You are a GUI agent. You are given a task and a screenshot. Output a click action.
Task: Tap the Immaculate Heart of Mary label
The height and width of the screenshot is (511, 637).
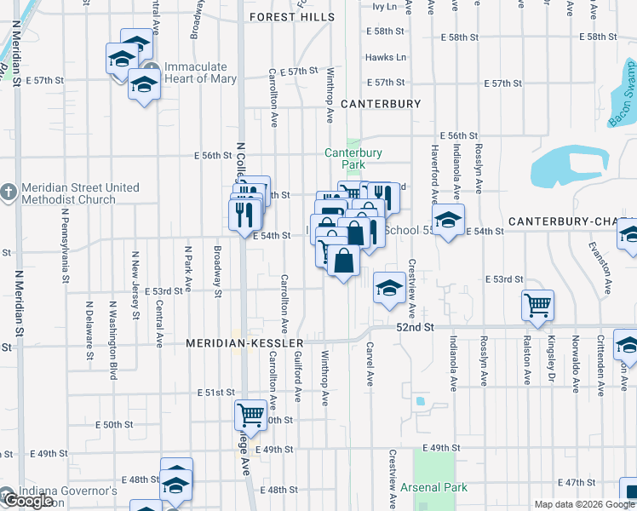point(195,73)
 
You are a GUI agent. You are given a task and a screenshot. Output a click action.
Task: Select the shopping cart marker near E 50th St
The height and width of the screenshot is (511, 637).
point(250,416)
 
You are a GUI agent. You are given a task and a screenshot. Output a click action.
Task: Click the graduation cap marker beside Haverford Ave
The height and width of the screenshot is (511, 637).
point(449,220)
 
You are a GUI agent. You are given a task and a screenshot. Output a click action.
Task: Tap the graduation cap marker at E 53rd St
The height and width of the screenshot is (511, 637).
point(389,287)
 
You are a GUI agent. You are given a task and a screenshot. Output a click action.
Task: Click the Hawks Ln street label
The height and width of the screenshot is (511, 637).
point(385,57)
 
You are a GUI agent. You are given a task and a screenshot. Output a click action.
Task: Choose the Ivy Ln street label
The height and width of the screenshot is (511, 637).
point(385,7)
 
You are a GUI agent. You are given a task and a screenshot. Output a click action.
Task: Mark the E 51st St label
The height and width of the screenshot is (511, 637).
point(215,393)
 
